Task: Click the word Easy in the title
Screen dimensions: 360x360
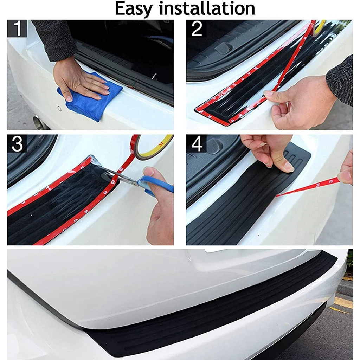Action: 134,9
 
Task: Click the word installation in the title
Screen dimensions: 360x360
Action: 207,8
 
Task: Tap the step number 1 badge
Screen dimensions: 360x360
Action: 17,28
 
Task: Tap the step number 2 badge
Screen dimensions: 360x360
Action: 196,28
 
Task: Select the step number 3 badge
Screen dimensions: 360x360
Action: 17,143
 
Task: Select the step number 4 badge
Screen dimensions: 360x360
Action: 196,143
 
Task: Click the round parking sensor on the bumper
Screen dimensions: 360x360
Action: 59,108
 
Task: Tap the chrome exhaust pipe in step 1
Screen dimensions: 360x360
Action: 39,121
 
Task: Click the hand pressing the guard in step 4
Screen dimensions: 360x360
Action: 269,153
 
